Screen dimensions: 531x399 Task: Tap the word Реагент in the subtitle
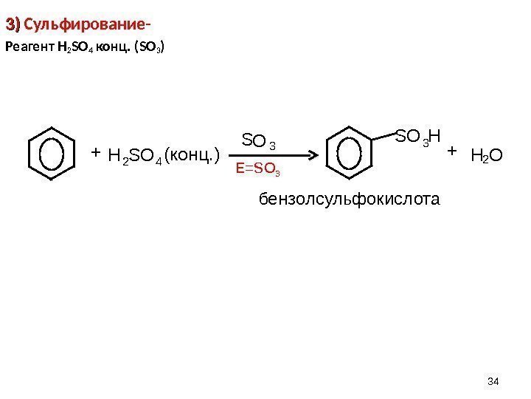(29, 50)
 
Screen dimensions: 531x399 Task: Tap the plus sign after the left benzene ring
(94, 151)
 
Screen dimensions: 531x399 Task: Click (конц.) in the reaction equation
(192, 155)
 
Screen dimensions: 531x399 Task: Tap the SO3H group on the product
(418, 136)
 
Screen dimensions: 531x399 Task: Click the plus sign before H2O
(453, 151)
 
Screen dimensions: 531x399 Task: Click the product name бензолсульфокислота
(348, 199)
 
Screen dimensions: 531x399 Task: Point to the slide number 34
(494, 381)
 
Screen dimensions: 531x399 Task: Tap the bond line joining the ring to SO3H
(386, 136)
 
